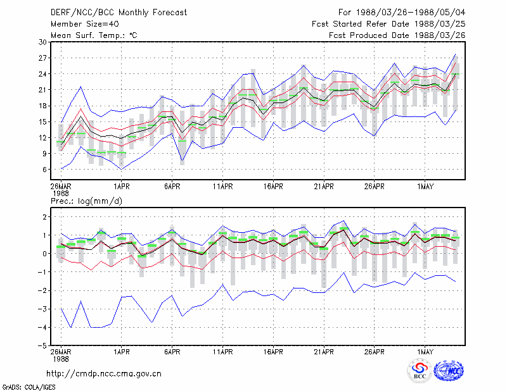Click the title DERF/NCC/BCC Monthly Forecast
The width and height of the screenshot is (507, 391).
click(x=119, y=13)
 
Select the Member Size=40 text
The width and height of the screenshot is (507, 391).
click(x=85, y=24)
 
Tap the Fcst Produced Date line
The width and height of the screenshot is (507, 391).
click(x=397, y=35)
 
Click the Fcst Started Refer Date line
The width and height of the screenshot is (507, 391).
click(x=388, y=24)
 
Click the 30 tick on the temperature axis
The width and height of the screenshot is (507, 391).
click(x=42, y=42)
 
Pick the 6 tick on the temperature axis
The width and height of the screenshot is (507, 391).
click(x=44, y=170)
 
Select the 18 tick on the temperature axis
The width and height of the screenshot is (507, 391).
click(x=42, y=106)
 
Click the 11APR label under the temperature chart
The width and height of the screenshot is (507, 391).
click(x=223, y=187)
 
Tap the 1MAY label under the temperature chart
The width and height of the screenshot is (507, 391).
click(x=425, y=187)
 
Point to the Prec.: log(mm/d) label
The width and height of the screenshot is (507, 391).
click(x=87, y=201)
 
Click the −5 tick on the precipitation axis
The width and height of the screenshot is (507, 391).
click(x=42, y=346)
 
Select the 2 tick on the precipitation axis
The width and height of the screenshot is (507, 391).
click(x=44, y=216)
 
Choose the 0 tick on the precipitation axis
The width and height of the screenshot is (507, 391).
click(x=44, y=254)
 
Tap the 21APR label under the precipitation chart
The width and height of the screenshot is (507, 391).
click(x=324, y=352)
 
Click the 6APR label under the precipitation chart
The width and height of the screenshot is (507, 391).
click(x=172, y=352)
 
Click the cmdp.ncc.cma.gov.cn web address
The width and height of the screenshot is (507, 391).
click(x=104, y=374)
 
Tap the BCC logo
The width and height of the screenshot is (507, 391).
click(x=420, y=371)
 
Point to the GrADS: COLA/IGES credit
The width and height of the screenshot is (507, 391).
click(x=29, y=387)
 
